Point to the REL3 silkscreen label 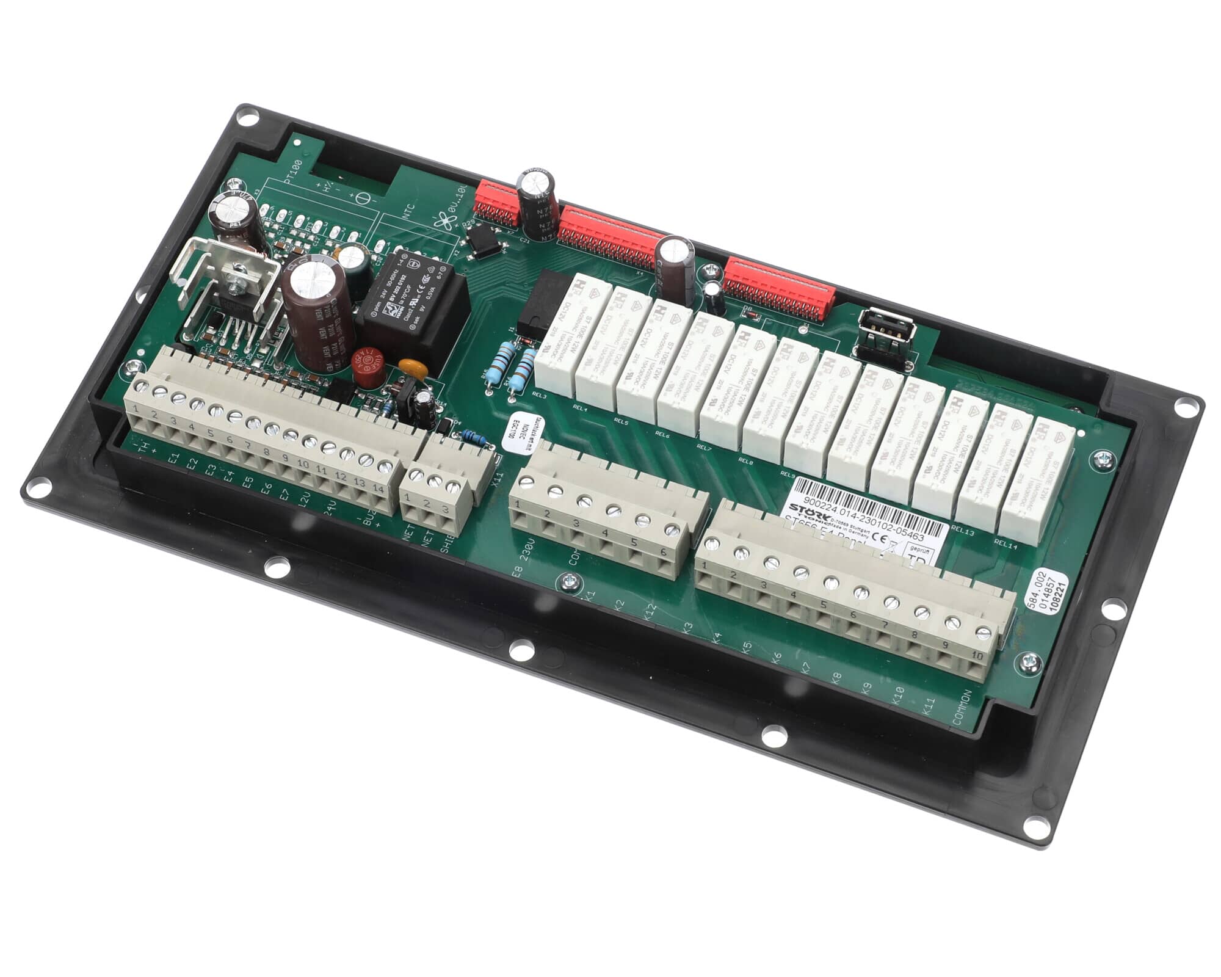pos(538,395)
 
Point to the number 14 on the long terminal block pos(378,489)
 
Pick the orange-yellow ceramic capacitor pos(408,366)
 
